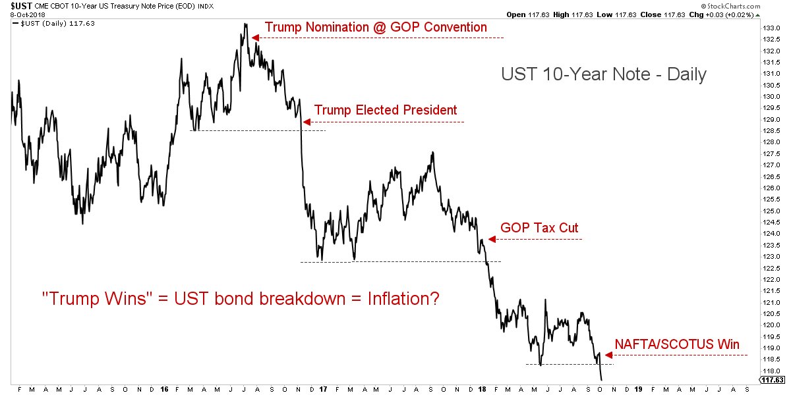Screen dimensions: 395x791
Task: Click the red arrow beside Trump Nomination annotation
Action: (255, 38)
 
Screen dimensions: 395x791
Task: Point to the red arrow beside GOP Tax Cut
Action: (491, 240)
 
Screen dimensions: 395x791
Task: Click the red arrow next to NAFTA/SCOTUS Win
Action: (608, 355)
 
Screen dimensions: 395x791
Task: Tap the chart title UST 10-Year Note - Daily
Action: (603, 74)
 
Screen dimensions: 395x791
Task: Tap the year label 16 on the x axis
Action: (164, 389)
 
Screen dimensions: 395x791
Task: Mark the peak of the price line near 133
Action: (245, 24)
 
